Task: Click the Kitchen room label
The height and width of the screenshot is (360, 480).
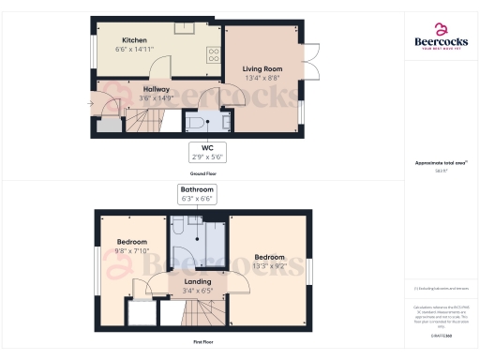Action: [133, 40]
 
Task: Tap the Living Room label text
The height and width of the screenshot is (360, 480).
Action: [262, 68]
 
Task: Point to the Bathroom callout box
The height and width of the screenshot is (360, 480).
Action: [197, 193]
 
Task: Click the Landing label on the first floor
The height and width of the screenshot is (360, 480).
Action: [197, 281]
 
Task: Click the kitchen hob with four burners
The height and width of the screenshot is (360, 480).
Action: [213, 53]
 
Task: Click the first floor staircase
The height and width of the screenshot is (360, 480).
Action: [197, 315]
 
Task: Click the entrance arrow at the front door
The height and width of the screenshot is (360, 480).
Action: [97, 104]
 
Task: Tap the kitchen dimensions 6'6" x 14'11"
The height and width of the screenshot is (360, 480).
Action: [133, 48]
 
